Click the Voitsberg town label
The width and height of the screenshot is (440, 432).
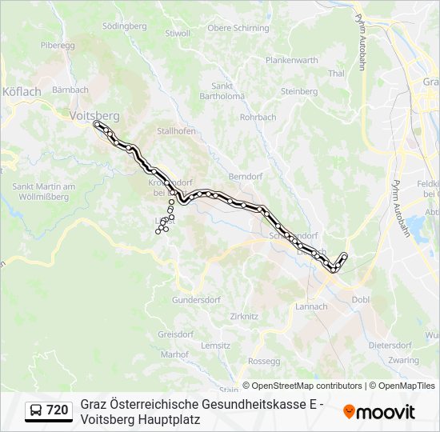[x=94, y=115]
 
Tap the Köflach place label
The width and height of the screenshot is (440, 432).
[x=22, y=91]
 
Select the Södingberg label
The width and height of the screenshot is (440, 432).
[x=125, y=26]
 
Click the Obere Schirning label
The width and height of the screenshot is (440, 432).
[x=238, y=28]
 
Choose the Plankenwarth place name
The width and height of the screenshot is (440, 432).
[x=292, y=60]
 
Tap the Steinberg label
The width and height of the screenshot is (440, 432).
[x=299, y=91]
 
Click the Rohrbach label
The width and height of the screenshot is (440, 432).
[x=258, y=117]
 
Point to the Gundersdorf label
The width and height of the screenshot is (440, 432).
[x=195, y=300]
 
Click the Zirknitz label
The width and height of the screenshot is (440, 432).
[x=244, y=317]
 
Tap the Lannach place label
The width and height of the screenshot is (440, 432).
[x=311, y=306]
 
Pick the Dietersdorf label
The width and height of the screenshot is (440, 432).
[x=390, y=346]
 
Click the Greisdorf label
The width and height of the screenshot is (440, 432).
[x=176, y=334]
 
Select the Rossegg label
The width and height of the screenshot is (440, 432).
[x=265, y=361]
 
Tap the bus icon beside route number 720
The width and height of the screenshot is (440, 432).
[x=35, y=410]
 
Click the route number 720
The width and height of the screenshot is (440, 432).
[x=57, y=410]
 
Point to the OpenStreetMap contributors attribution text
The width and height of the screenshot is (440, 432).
[x=302, y=386]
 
